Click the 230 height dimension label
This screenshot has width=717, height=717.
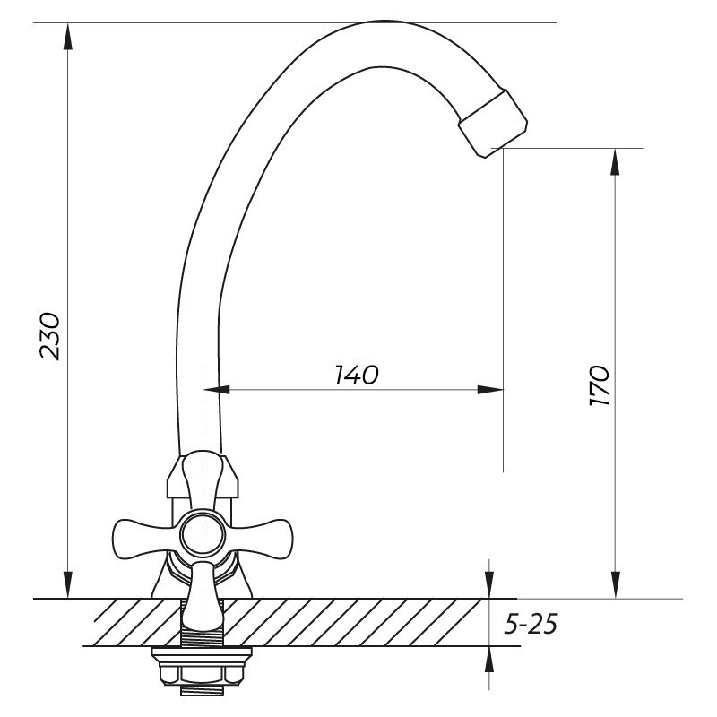click(x=50, y=336)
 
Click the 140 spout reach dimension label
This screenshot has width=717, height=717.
click(x=357, y=375)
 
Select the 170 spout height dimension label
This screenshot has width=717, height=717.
click(x=599, y=385)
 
